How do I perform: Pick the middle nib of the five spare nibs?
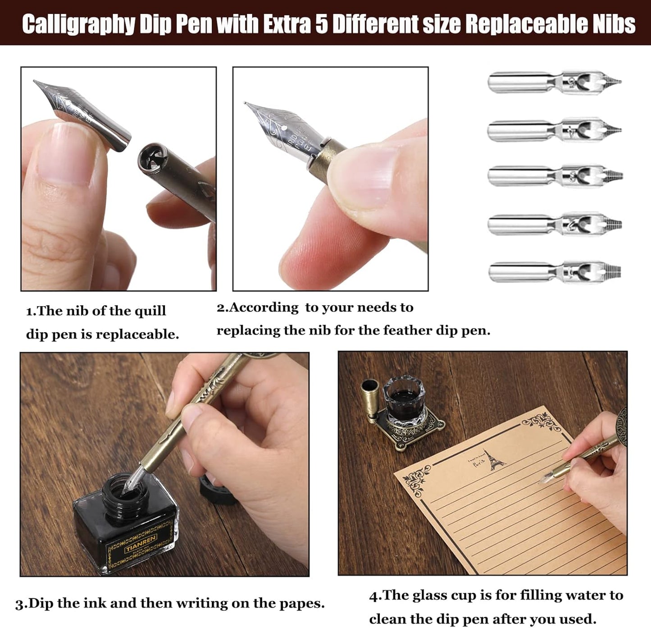tap(555, 175)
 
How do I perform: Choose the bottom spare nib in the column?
tap(555, 272)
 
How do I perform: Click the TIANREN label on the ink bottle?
tap(141, 544)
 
